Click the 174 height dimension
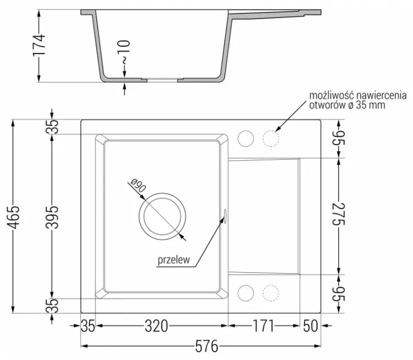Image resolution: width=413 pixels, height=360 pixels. click(x=39, y=45)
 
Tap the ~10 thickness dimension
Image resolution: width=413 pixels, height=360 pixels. click(x=125, y=52)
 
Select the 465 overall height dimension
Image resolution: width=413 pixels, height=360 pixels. click(x=13, y=217)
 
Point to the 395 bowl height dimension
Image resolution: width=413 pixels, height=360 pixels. click(x=52, y=217)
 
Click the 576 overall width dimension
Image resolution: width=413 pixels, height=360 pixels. click(x=206, y=346)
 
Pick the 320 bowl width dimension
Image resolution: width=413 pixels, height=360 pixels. click(x=157, y=326)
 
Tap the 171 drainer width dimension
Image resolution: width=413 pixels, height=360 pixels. click(x=264, y=326)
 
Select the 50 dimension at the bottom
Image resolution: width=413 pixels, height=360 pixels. click(x=310, y=326)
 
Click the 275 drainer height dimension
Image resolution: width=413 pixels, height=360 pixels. click(x=339, y=214)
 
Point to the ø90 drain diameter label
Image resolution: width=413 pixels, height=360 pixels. click(x=138, y=185)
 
